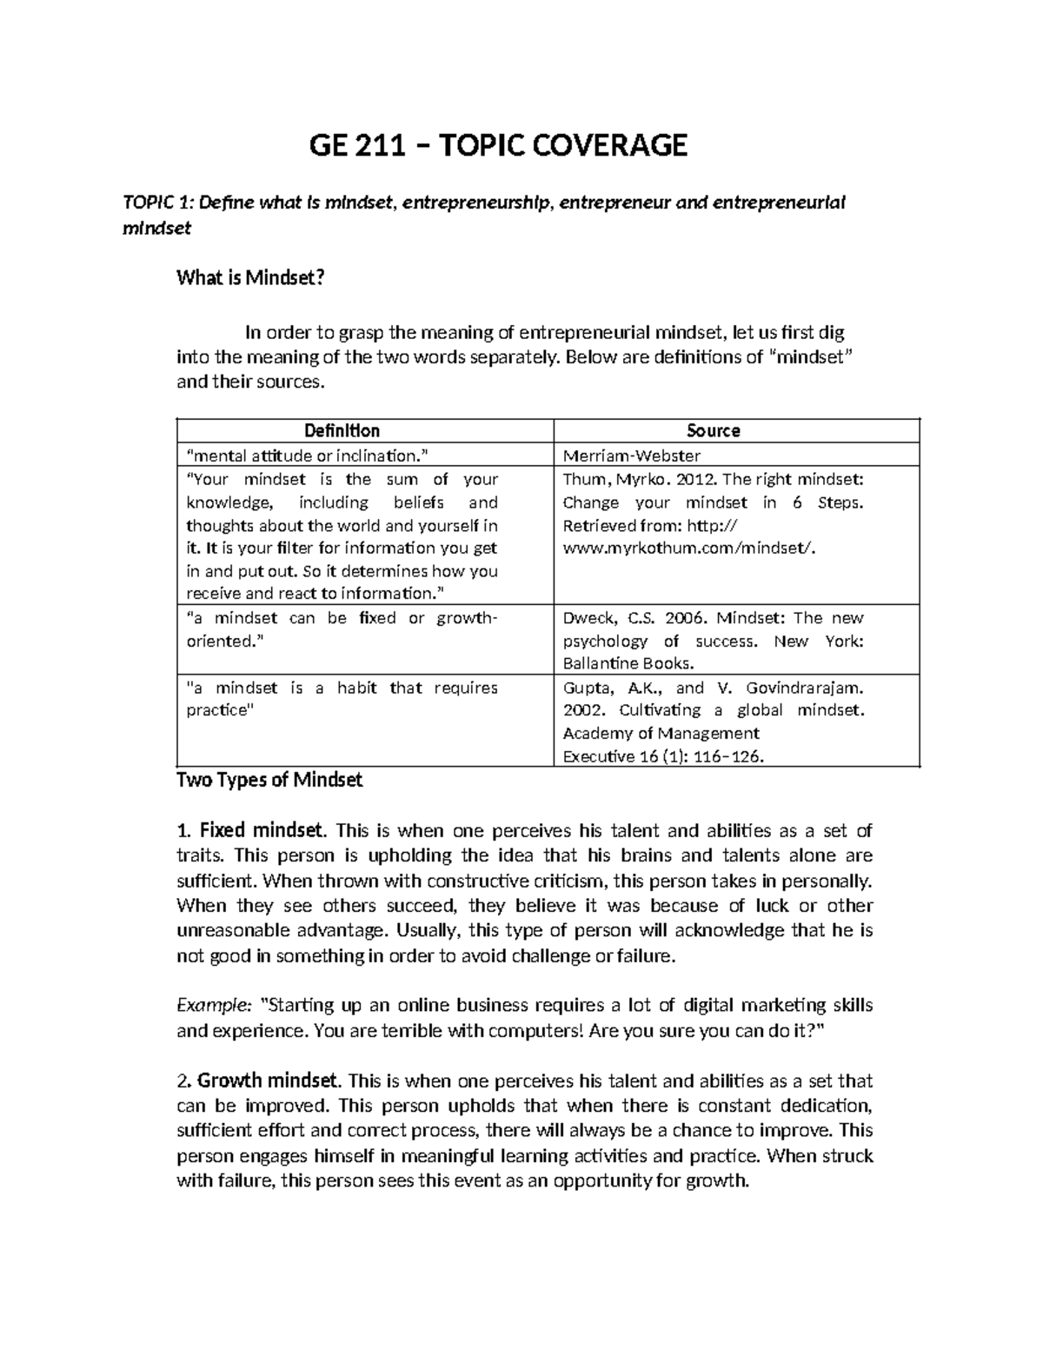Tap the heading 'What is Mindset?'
pos(250,278)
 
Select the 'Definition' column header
pos(342,430)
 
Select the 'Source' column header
pos(713,430)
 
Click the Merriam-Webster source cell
pos(632,456)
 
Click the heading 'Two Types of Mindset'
pos(269,780)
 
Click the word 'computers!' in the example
pos(542,1031)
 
